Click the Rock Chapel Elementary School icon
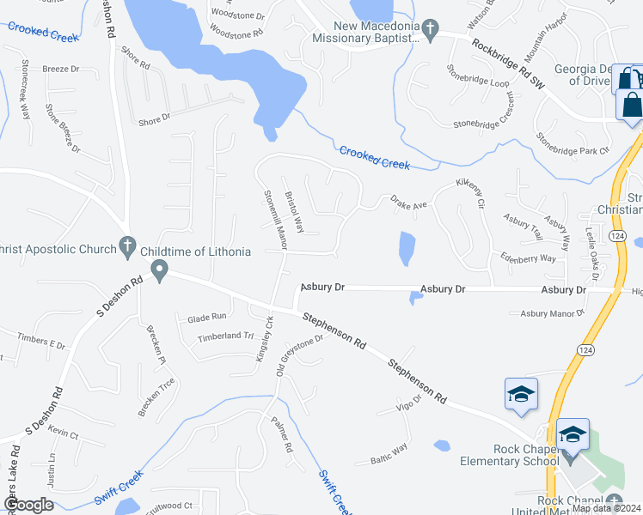[x=573, y=435]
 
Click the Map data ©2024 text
[x=607, y=508]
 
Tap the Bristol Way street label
[x=294, y=211]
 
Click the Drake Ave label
[x=408, y=203]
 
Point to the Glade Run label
[x=206, y=317]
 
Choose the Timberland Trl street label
[x=225, y=337]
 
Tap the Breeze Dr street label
[x=60, y=69]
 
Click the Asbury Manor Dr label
[x=552, y=314]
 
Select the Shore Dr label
[x=155, y=121]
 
